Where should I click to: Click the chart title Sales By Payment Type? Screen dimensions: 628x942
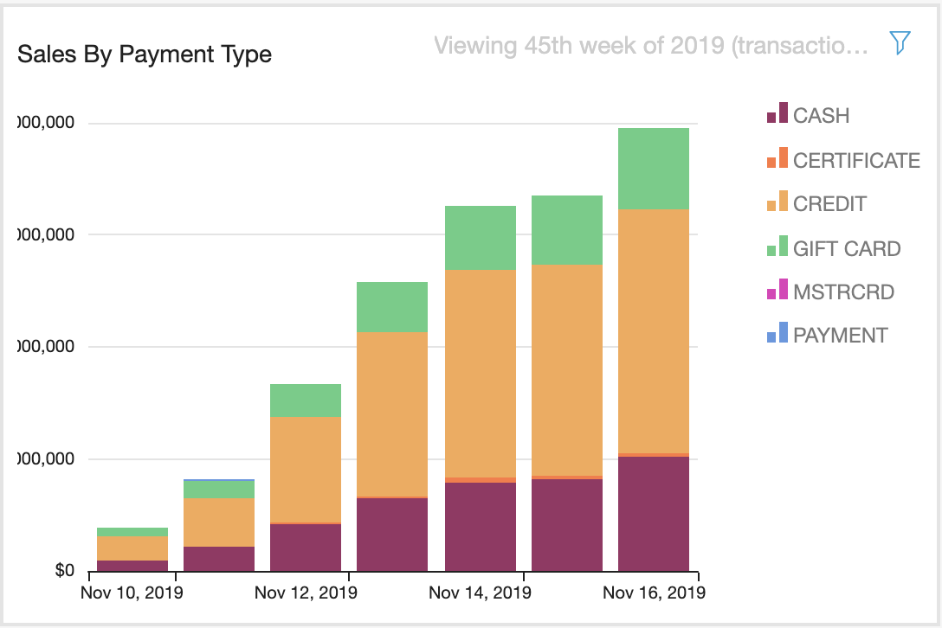pyautogui.click(x=145, y=54)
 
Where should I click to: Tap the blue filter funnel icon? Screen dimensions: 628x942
pyautogui.click(x=900, y=43)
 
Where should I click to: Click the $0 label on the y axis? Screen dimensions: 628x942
pyautogui.click(x=65, y=571)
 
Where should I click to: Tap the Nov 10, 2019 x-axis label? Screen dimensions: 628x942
pyautogui.click(x=132, y=593)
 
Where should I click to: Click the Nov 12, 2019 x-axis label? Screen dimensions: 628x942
pyautogui.click(x=306, y=593)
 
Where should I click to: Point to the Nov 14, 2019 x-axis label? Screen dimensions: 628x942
pyautogui.click(x=480, y=593)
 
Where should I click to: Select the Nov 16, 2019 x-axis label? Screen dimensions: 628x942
pyautogui.click(x=654, y=593)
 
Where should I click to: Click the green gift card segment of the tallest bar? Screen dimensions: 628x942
pyautogui.click(x=654, y=169)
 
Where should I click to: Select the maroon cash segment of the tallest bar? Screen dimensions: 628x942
pyautogui.click(x=654, y=514)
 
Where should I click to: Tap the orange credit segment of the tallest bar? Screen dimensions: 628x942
pyautogui.click(x=654, y=330)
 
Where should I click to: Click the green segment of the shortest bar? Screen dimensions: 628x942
pyautogui.click(x=132, y=532)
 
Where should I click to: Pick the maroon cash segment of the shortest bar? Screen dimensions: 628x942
pyautogui.click(x=132, y=566)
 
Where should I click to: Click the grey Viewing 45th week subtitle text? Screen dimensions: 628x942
pyautogui.click(x=650, y=45)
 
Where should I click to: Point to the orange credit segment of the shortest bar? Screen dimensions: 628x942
pyautogui.click(x=132, y=548)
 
